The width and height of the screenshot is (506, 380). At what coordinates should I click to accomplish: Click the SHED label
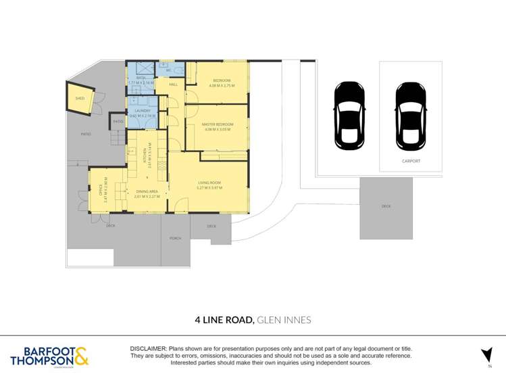coord(80,98)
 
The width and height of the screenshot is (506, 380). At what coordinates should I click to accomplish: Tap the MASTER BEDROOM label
coord(217,124)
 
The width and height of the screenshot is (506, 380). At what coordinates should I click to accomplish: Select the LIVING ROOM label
coord(209,183)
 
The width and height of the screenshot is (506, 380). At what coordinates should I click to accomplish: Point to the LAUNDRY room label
coord(142,110)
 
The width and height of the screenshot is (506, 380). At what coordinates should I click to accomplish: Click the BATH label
coord(141,78)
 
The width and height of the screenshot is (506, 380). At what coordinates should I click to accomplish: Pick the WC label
coord(169,69)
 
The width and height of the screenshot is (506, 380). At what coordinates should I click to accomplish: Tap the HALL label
coord(173,85)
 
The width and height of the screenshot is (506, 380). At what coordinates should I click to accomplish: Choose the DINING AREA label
coord(146,192)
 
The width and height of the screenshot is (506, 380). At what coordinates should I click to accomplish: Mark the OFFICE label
coord(101,190)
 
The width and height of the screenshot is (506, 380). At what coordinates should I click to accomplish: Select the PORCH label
coord(175,238)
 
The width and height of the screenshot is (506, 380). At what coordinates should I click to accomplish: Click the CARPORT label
coord(411,161)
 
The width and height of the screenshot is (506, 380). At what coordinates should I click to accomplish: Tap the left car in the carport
coord(349,116)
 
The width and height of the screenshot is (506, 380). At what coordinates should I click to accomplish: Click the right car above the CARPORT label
coord(411,116)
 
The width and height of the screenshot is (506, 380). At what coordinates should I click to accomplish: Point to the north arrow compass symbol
coord(486,354)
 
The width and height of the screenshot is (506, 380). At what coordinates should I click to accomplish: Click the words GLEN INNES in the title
coord(284,319)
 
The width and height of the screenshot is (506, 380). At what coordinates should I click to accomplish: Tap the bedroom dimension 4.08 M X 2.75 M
coord(217,86)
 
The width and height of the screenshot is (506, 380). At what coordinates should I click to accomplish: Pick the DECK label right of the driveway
coord(386,206)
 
